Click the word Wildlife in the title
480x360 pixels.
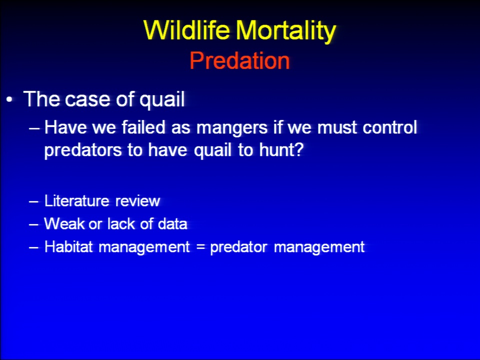point(186,30)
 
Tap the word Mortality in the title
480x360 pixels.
point(286,31)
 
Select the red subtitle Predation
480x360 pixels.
point(239,60)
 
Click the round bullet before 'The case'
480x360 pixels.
point(10,99)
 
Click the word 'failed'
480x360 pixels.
point(143,127)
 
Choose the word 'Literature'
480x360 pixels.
point(77,201)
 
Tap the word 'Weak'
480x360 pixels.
point(64,223)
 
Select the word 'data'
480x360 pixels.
point(172,224)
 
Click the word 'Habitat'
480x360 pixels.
point(68,246)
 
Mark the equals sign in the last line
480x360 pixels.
point(200,246)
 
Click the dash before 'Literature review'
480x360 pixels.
point(33,201)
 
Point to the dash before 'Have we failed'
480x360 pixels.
point(34,128)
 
